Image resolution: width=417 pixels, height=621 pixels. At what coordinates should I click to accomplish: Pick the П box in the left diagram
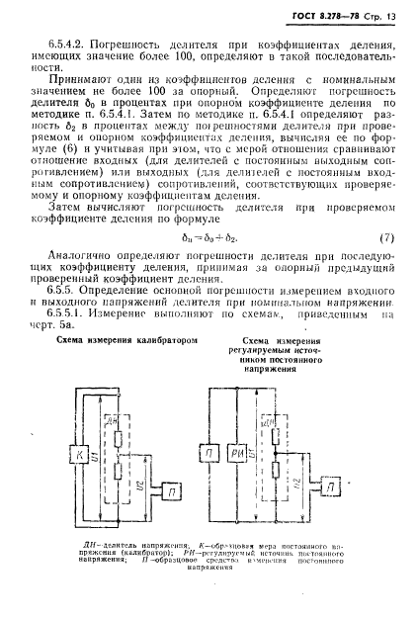pyautogui.click(x=173, y=490)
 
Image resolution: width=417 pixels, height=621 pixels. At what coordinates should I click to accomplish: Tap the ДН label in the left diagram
pyautogui.click(x=118, y=423)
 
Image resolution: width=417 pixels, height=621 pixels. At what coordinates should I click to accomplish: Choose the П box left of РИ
pyautogui.click(x=209, y=453)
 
